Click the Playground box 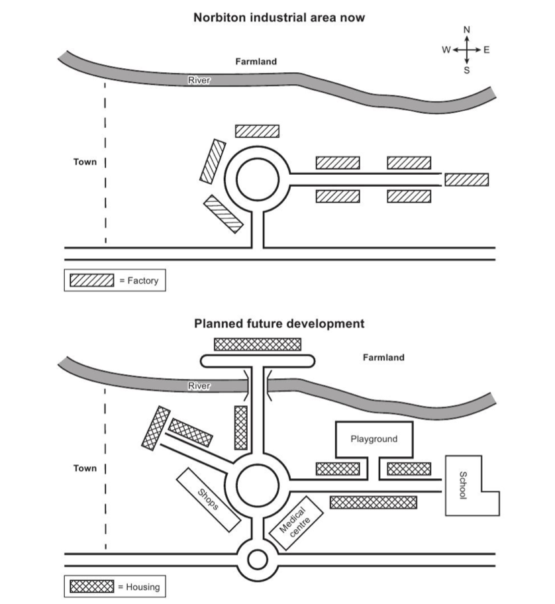(374, 438)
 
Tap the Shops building (208, 498)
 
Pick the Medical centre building (297, 522)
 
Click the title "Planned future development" (279, 324)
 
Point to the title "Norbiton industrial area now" (279, 18)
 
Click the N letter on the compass (466, 30)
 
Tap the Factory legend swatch (91, 280)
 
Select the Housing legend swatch (91, 586)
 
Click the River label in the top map (199, 80)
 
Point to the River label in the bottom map (199, 385)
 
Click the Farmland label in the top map (256, 61)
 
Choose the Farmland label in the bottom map (383, 358)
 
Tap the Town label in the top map (85, 162)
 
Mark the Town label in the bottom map (85, 468)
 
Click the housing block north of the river (258, 344)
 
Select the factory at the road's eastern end (466, 179)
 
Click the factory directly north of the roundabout (257, 130)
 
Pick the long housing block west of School (373, 502)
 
